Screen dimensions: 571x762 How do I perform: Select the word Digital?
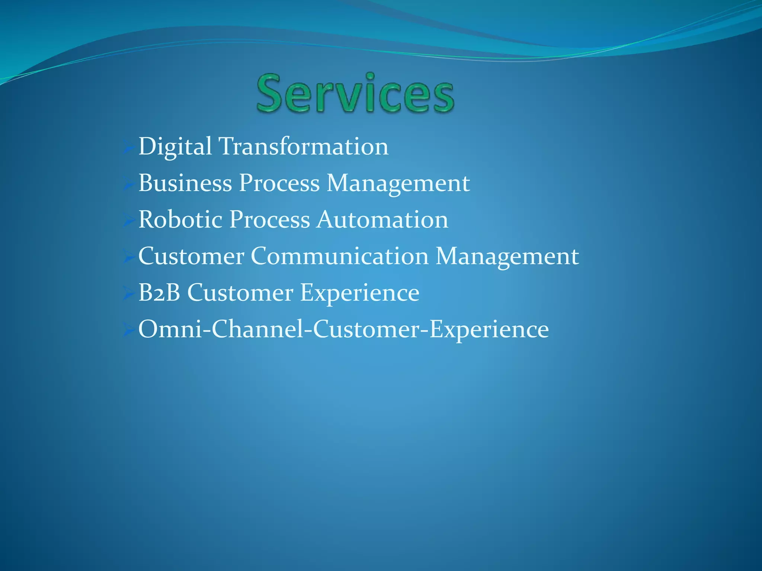coord(175,146)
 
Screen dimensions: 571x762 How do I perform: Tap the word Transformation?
coord(303,146)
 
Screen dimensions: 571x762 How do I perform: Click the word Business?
coord(185,183)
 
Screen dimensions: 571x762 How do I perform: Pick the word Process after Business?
coord(279,183)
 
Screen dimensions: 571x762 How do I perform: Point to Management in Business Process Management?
coord(398,183)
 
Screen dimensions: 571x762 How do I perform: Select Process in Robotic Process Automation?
coord(269,219)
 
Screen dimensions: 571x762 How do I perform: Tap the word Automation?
coord(382,219)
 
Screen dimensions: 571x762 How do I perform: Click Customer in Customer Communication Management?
coord(191,256)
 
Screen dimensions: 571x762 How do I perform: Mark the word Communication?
coord(340,256)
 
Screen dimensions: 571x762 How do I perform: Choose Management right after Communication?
coord(507,256)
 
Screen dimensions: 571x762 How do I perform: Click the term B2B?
coord(159,293)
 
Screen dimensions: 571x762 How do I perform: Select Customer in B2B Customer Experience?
coord(240,293)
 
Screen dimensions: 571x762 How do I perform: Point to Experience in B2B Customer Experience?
coord(360,293)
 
